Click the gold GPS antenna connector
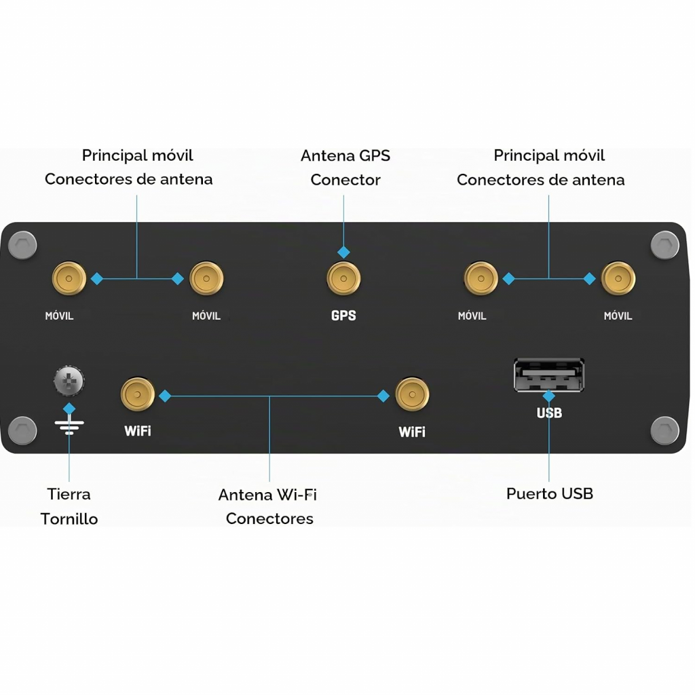coord(343,278)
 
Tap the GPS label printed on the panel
coord(343,316)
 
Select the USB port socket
coord(548,375)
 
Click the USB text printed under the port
coord(549,413)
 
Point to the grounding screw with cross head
coord(69,381)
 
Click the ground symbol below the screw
coord(69,426)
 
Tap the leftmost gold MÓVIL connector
coord(69,278)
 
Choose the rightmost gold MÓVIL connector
coord(618,278)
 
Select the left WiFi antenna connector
coord(137,394)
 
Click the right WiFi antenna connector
coord(412,394)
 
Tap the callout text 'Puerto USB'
coord(550,493)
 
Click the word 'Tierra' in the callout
coord(69,494)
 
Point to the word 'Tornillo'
coord(69,519)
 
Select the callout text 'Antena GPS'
coord(345,155)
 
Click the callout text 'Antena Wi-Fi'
coord(267,495)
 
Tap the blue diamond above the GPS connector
coord(343,252)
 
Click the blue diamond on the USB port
coord(548,396)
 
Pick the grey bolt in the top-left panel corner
coord(22,244)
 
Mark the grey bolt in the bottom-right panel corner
coord(665,430)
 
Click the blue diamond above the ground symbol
coord(69,409)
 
